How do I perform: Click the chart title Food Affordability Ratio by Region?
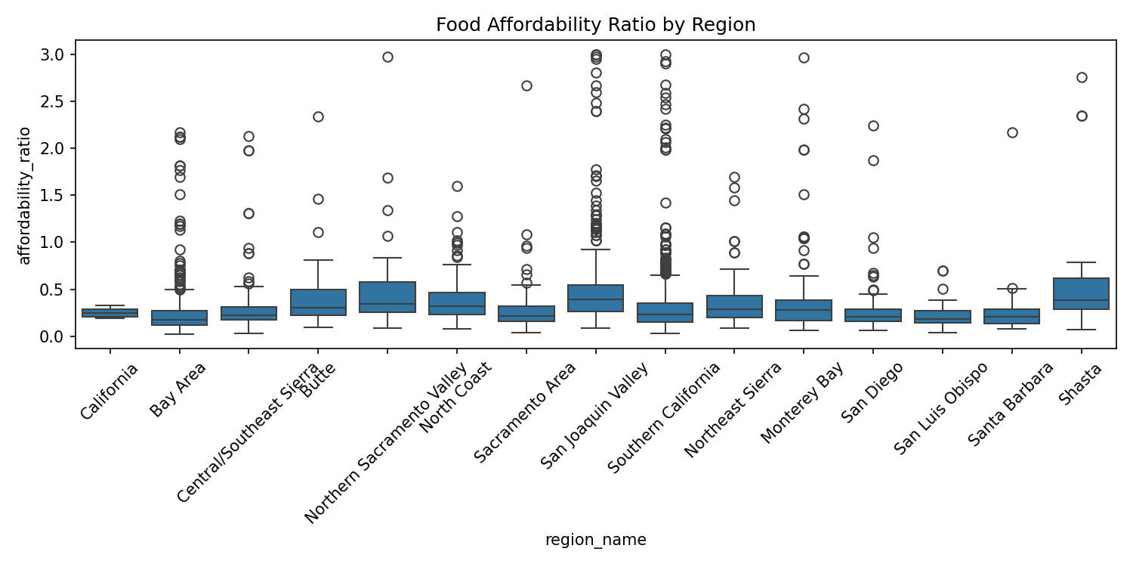click(x=595, y=25)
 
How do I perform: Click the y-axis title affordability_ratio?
click(x=25, y=195)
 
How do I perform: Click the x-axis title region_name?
click(x=595, y=540)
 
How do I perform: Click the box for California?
click(x=110, y=313)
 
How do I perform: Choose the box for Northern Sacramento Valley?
click(x=387, y=297)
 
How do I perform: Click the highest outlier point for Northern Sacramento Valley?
click(x=387, y=57)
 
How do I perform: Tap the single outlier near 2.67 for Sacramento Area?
click(x=526, y=85)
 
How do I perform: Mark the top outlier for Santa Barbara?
click(x=1012, y=132)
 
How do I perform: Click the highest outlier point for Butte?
click(x=318, y=116)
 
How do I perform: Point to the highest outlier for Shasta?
click(x=1082, y=77)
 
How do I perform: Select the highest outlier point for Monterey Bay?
click(x=804, y=57)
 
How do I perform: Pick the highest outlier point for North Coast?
click(x=457, y=186)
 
